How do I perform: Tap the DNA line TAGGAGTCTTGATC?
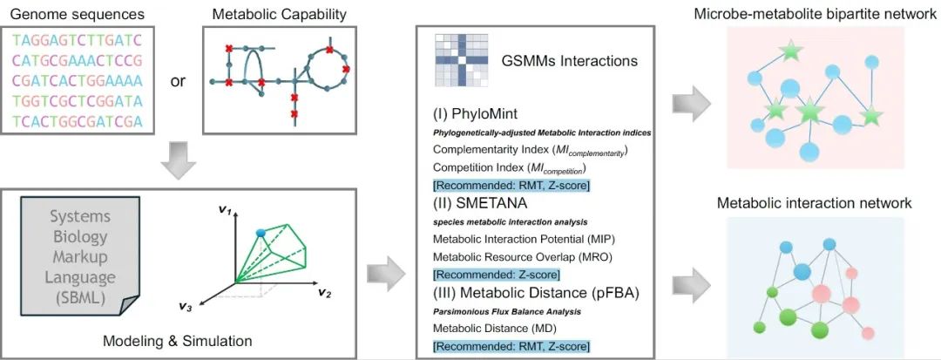pos(77,40)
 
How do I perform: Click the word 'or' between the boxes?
pos(179,81)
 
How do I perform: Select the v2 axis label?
pos(324,291)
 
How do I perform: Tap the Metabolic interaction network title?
pos(814,203)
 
